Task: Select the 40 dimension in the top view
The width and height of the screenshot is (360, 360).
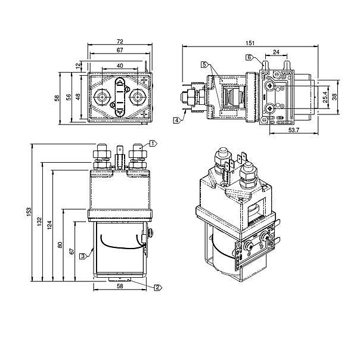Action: [x=119, y=65]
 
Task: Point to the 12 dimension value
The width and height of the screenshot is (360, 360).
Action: [x=78, y=64]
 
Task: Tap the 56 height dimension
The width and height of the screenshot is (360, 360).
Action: [x=69, y=97]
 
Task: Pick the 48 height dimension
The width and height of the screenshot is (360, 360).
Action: [x=78, y=97]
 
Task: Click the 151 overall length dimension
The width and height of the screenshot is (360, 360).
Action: [x=250, y=43]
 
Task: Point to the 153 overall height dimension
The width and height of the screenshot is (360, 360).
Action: [x=29, y=213]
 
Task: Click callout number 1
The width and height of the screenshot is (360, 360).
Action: [x=153, y=143]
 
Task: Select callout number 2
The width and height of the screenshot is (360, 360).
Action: [x=157, y=287]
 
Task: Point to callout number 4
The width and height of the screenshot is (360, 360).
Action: [x=177, y=120]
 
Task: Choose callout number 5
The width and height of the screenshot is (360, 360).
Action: [x=204, y=64]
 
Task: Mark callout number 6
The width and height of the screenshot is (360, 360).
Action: [x=248, y=57]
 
